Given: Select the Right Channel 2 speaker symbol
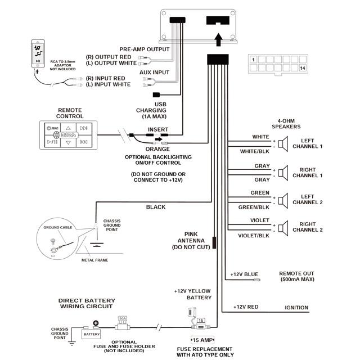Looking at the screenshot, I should click(x=284, y=228).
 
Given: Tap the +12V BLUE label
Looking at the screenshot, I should click(x=243, y=274).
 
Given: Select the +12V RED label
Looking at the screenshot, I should click(x=246, y=307).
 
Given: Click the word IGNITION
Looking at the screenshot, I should click(x=296, y=308).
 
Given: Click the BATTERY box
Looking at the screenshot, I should click(x=91, y=334).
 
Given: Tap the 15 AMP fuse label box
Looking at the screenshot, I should click(x=202, y=340).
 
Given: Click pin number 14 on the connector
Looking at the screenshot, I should click(x=303, y=68).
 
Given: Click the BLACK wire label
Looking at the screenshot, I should click(x=156, y=207).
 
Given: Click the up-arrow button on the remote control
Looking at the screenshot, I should click(x=67, y=128).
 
